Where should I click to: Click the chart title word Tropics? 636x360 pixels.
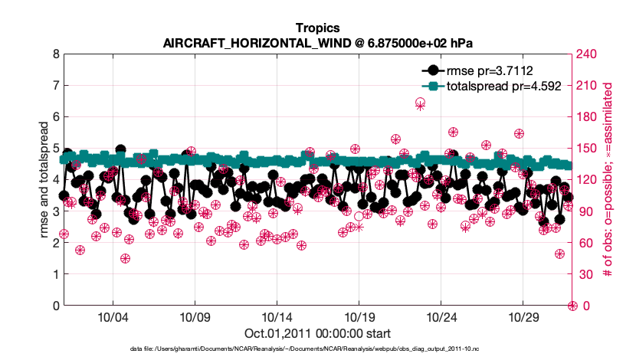click(317, 28)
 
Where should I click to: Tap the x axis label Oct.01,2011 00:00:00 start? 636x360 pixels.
click(317, 333)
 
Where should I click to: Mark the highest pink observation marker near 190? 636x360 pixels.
click(420, 103)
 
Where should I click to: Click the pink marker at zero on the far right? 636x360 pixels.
click(572, 306)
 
